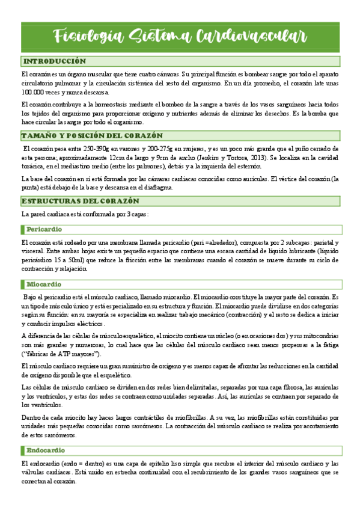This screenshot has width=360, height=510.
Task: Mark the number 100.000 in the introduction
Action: (34, 93)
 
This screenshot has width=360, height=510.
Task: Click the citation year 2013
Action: (248, 157)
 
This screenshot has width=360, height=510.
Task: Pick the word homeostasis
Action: (96, 104)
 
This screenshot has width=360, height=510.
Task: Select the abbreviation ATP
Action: (63, 355)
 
